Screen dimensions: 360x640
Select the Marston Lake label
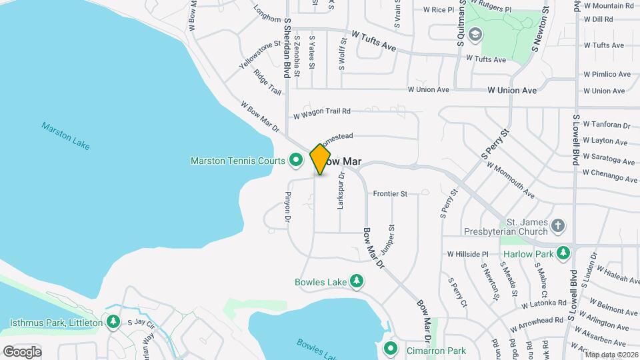(x=65, y=135)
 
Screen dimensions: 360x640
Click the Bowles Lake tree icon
(x=357, y=282)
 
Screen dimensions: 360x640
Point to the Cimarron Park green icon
(x=391, y=349)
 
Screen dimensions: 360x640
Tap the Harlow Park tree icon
(x=563, y=254)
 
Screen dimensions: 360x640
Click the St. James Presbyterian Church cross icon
(x=559, y=227)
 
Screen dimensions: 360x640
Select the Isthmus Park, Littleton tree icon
(x=113, y=323)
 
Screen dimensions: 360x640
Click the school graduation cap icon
(x=475, y=34)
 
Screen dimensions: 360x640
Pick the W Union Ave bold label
(x=512, y=90)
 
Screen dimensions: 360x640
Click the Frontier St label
(x=390, y=194)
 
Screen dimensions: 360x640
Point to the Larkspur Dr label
(x=341, y=191)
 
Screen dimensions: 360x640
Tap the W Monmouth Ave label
(x=510, y=180)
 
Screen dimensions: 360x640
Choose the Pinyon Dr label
(x=289, y=206)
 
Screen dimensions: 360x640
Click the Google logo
(x=22, y=351)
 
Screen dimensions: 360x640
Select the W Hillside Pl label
(x=468, y=254)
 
